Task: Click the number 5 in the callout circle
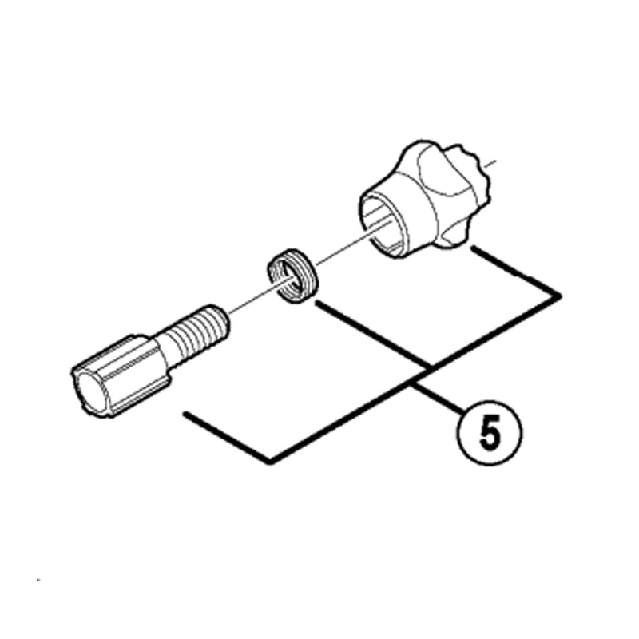(490, 435)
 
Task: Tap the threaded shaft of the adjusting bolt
(195, 332)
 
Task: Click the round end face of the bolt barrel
(91, 391)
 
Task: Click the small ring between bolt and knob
(292, 276)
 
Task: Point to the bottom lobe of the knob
(452, 236)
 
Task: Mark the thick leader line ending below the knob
(516, 271)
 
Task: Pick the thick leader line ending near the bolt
(227, 437)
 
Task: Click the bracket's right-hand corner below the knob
(560, 296)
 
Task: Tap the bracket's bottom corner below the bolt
(270, 462)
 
